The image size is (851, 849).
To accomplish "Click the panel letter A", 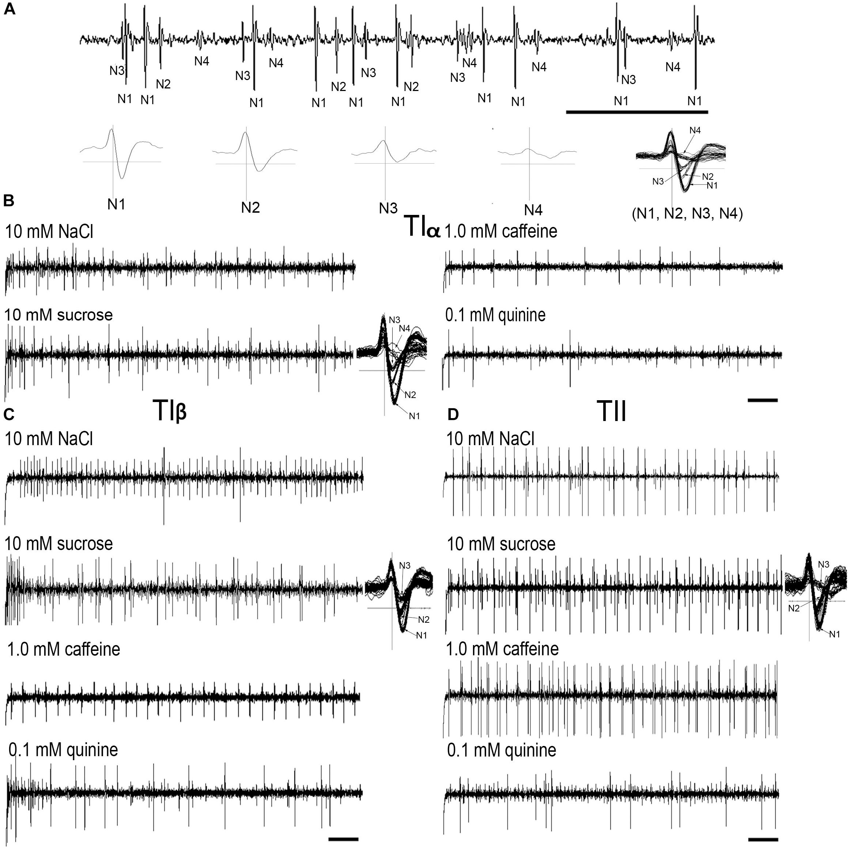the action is (x=9, y=9).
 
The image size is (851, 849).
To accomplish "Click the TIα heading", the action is (x=421, y=228).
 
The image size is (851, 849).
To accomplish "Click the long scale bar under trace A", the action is (x=636, y=112).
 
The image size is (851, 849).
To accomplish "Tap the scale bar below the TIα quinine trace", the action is (x=763, y=400).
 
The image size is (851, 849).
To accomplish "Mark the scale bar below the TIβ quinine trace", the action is (x=344, y=838).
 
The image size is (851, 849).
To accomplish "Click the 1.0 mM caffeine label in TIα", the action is (x=502, y=231).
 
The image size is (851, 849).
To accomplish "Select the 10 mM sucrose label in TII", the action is (x=501, y=544).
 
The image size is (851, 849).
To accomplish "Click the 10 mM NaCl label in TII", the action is (x=491, y=439).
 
